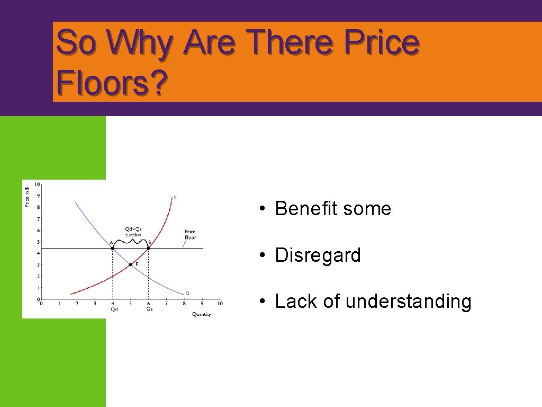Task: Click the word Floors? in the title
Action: click(112, 83)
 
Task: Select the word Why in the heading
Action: click(139, 42)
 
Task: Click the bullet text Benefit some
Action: click(333, 209)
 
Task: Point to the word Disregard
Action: click(318, 255)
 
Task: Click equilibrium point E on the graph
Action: click(130, 264)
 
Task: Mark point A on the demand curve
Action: click(112, 248)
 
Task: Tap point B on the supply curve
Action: click(148, 248)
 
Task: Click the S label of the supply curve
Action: click(175, 198)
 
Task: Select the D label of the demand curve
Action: click(187, 293)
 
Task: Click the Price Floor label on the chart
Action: click(190, 234)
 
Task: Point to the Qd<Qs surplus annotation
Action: click(133, 232)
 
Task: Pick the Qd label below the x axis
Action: click(114, 309)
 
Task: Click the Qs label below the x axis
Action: click(149, 308)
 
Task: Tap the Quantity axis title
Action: click(201, 314)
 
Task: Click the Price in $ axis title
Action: click(27, 194)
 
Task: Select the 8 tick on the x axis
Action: click(184, 303)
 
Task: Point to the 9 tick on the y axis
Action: click(38, 196)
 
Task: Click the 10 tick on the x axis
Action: click(220, 303)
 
